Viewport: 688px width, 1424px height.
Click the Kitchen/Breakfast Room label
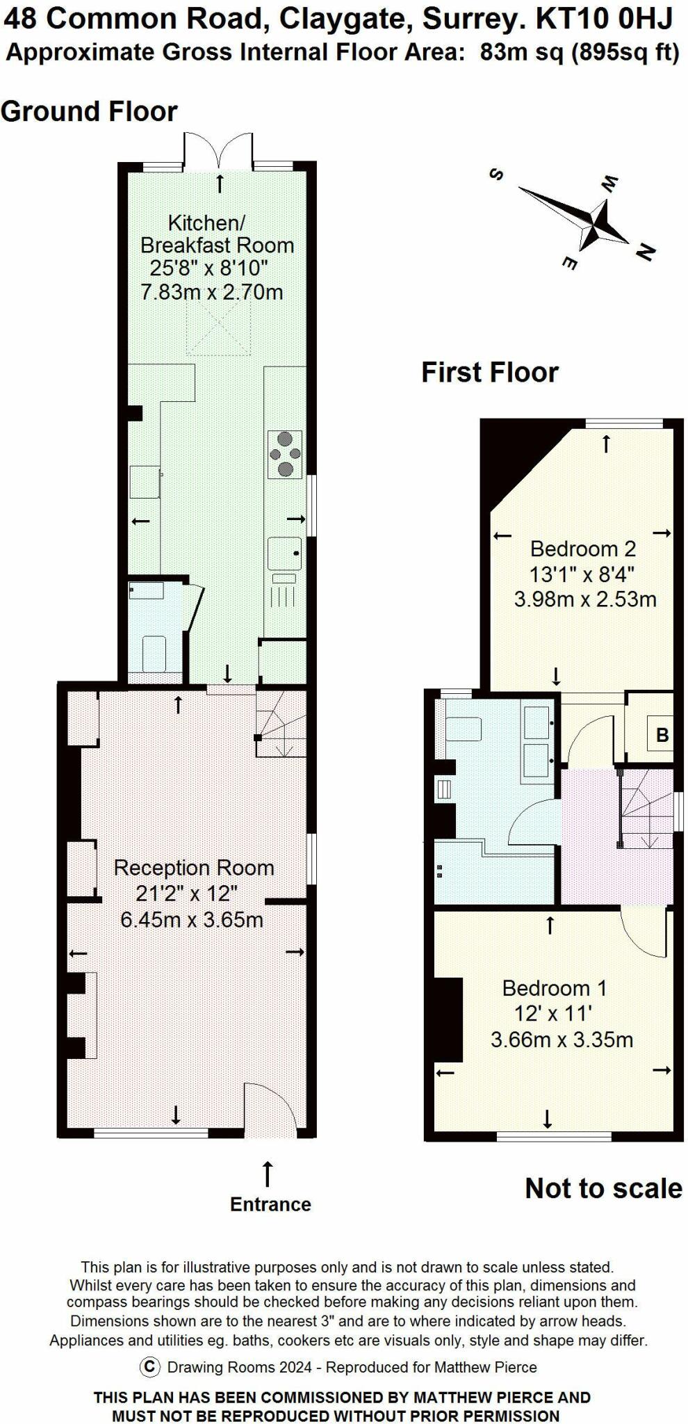[x=217, y=234]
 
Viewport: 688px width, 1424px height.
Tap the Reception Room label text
[x=194, y=868]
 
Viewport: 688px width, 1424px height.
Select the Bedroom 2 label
[x=583, y=549]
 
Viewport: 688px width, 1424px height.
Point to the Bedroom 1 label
[x=555, y=988]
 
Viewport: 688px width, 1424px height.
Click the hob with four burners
[x=285, y=454]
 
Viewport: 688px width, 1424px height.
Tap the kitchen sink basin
[x=285, y=554]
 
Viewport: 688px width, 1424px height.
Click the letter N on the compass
[x=645, y=252]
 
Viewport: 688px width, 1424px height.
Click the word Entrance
[x=270, y=1204]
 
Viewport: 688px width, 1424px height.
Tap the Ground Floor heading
[x=89, y=111]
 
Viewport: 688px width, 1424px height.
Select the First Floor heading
[x=490, y=372]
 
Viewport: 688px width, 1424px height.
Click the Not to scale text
[x=603, y=1188]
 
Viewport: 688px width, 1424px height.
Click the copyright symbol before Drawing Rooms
[x=149, y=1367]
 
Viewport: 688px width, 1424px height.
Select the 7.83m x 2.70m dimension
[x=212, y=291]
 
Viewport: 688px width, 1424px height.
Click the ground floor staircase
[x=281, y=723]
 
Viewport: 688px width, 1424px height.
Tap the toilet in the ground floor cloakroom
[x=154, y=654]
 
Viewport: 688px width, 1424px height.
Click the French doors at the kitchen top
[x=218, y=149]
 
